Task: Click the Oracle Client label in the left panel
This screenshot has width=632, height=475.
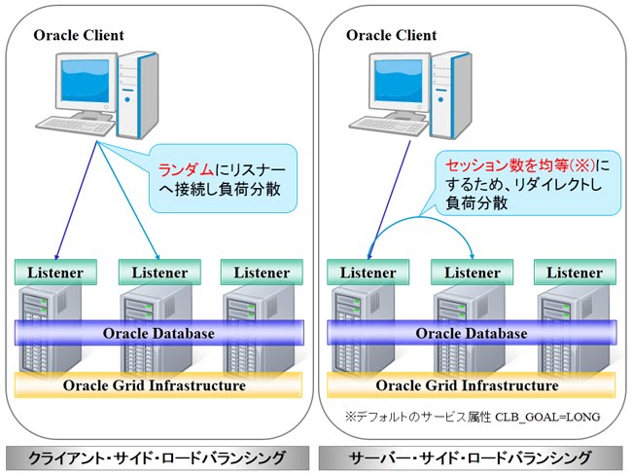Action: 79,36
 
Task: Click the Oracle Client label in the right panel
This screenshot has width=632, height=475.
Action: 392,36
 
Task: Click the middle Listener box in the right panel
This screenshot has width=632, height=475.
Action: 472,273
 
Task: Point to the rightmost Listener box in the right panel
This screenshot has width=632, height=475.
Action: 575,273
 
